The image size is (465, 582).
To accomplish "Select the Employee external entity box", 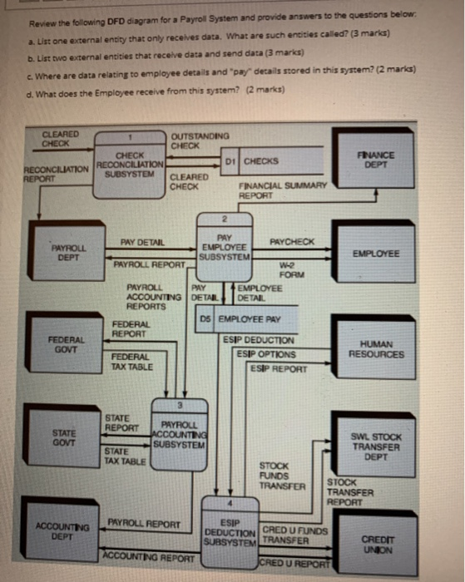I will (375, 254).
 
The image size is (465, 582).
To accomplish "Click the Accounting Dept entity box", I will (62, 530).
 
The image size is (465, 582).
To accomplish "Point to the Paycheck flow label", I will (292, 241).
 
